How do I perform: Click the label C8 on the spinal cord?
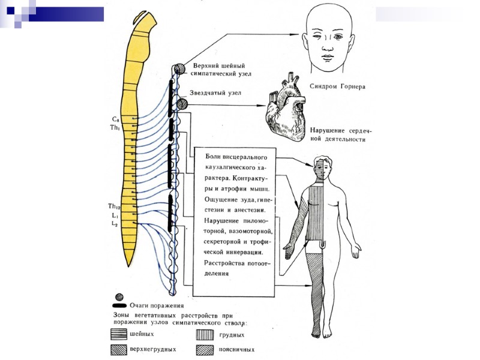pos(115,119)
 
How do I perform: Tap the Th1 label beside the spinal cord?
pos(115,127)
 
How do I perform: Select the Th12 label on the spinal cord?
pos(113,206)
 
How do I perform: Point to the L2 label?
pos(113,223)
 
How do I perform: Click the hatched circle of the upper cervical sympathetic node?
pos(179,69)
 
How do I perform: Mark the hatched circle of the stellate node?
pos(182,104)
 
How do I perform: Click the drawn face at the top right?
pos(328,37)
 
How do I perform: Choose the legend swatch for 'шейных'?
pos(118,335)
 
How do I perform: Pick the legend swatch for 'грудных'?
pos(205,335)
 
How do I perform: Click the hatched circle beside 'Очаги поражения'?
pos(119,297)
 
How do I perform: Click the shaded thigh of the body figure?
pos(316,270)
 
